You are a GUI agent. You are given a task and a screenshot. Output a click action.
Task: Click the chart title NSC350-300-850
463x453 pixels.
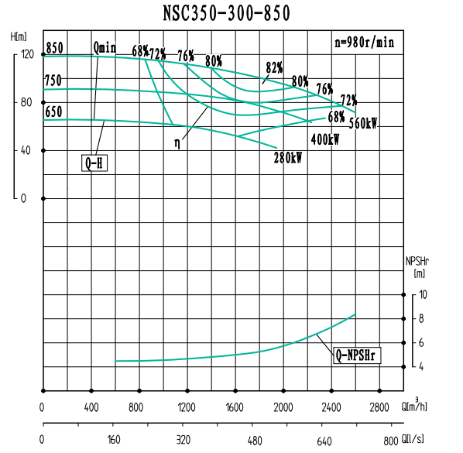pos(227,13)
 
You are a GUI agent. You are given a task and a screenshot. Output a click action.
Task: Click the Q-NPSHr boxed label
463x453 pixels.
pos(358,356)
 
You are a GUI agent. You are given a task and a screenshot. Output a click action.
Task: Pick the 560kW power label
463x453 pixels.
pos(362,124)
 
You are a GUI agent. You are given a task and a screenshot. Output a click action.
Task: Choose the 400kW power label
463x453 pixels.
pos(325,140)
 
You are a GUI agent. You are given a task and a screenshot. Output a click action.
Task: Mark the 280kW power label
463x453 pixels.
pos(287,158)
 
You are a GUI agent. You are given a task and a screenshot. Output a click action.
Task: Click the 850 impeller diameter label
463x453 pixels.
pos(54,48)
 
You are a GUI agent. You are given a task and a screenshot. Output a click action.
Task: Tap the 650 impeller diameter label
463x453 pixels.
pos(53,112)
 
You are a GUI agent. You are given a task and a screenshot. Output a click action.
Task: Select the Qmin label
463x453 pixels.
pos(105,48)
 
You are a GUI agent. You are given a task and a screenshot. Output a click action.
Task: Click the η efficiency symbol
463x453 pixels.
pos(177,142)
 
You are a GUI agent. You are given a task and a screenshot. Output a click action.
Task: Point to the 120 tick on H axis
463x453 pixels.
pos(28,55)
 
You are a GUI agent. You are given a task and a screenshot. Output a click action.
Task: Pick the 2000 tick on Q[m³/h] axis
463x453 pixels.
pos(284,407)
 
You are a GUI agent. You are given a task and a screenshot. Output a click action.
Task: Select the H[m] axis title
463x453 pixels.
pos(19,36)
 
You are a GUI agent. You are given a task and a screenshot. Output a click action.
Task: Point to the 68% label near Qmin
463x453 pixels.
pos(140,51)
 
